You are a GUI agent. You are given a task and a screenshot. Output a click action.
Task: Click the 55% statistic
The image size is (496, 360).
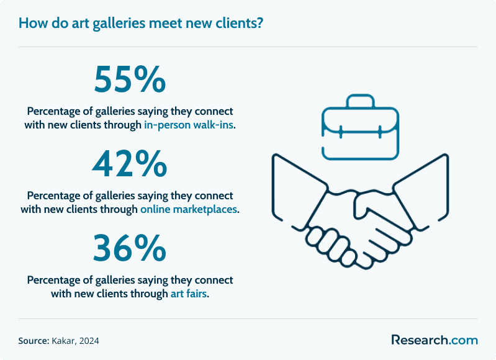130,79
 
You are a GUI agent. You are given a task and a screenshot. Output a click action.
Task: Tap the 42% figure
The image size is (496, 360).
130,164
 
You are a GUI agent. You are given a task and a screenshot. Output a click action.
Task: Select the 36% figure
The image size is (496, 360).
130,248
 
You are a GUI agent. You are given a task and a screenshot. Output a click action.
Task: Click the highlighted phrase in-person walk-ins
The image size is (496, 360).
189,125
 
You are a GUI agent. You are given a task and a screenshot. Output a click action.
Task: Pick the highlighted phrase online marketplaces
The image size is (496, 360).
189,209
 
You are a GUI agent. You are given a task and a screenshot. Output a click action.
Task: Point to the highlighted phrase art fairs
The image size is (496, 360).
189,294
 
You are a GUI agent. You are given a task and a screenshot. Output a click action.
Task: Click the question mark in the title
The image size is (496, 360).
260,23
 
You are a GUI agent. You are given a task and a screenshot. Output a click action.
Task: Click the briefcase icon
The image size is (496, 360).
360,127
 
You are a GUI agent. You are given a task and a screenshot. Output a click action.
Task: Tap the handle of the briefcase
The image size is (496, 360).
360,101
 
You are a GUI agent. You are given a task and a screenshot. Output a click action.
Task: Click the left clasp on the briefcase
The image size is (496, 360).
341,132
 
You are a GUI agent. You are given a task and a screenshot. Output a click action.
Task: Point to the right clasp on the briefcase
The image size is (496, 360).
380,132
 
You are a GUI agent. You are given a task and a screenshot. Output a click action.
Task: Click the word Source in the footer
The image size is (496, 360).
33,341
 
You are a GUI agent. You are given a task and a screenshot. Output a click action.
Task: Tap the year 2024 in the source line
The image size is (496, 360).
89,341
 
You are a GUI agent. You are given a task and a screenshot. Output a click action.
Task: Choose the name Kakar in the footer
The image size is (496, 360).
63,341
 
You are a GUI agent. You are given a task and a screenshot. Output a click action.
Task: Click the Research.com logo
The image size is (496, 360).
435,340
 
